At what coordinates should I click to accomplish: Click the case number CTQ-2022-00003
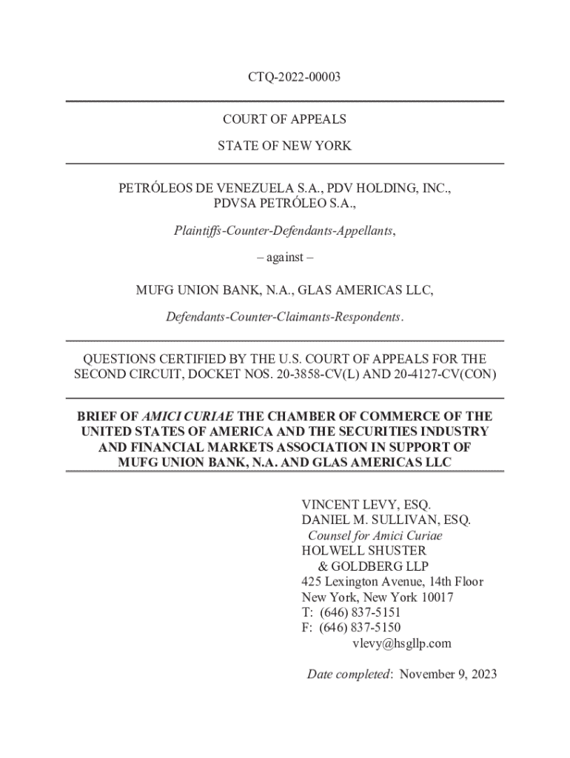[285, 76]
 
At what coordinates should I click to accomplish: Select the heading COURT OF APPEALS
[285, 119]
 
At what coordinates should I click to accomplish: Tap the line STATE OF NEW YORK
[285, 146]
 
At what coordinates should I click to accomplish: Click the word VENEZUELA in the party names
[243, 189]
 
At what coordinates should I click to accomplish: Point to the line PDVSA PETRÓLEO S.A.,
[285, 204]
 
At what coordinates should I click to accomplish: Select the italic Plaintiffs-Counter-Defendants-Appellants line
[285, 231]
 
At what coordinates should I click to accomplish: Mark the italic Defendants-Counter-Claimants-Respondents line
[285, 318]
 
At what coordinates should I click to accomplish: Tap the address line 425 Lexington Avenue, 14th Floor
[392, 582]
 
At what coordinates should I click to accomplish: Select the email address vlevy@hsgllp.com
[400, 643]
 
